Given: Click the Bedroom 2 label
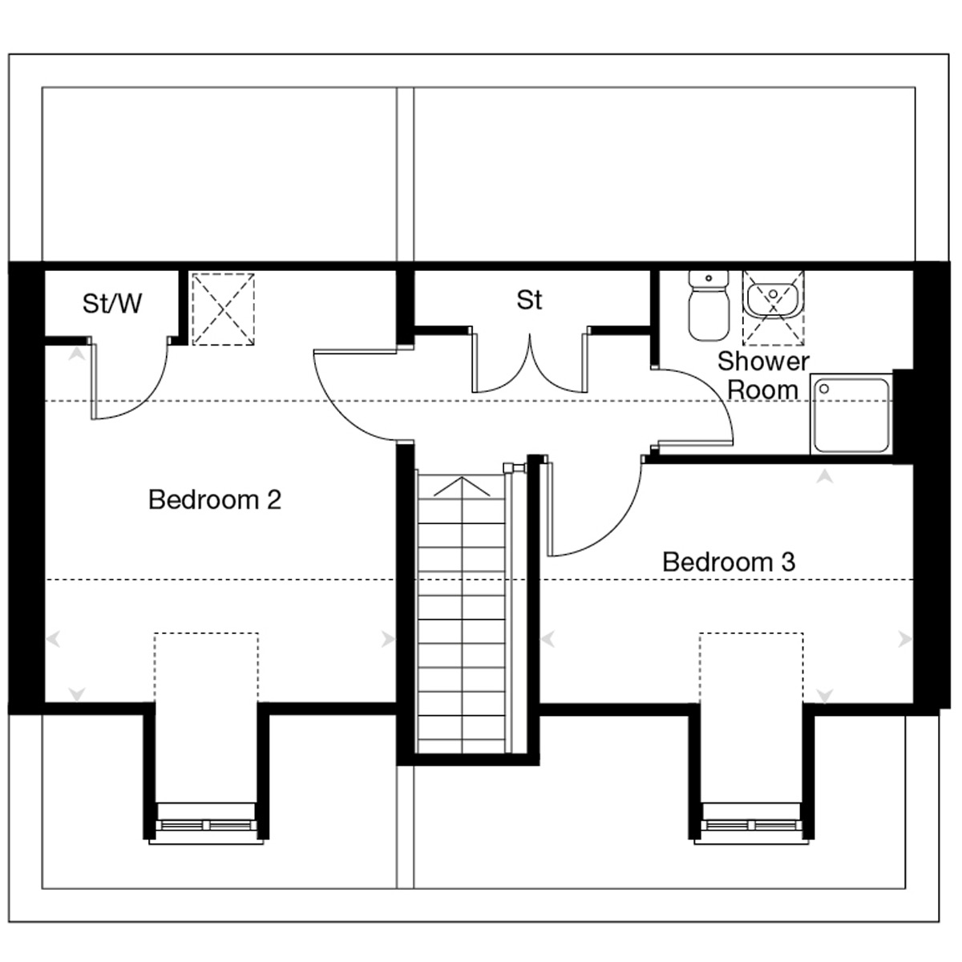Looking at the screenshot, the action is point(215,499).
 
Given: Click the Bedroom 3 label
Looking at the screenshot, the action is point(729,562).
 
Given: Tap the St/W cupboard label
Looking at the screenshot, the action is point(111,303).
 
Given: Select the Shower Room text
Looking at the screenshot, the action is point(763,375).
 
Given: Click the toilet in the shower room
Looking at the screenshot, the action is point(708,305).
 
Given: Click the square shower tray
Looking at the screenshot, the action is point(851,414).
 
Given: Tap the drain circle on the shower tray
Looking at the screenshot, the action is point(824,389).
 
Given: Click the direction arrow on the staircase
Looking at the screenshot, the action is point(462,487).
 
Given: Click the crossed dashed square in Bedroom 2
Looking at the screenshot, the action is point(223,309).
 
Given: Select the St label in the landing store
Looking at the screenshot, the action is point(529,300).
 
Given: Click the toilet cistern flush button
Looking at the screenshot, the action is point(709,278).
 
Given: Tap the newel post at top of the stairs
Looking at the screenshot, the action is point(515,467).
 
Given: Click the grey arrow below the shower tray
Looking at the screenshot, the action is point(825,477).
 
